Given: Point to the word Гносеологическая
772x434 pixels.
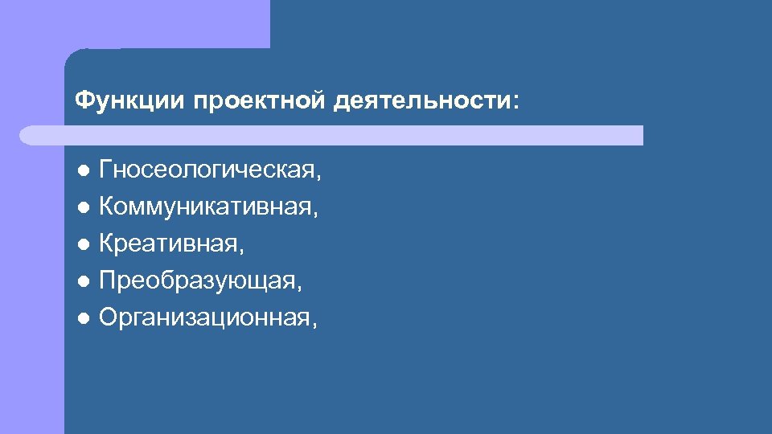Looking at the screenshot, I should click(x=208, y=170).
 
